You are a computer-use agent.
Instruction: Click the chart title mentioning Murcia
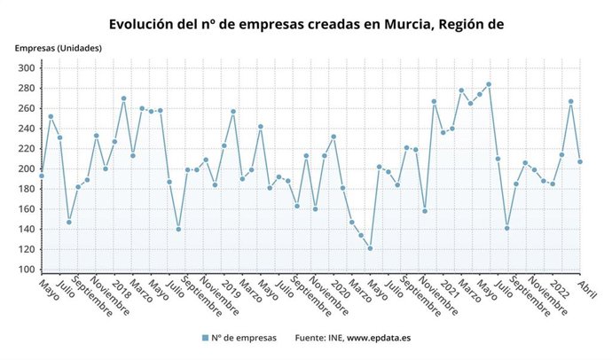pyautogui.click(x=306, y=25)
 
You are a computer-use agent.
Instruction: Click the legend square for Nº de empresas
pyautogui.click(x=205, y=338)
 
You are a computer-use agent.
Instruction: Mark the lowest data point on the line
pyautogui.click(x=370, y=248)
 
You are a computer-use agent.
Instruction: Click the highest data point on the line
pyautogui.click(x=489, y=84)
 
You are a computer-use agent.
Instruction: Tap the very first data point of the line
pyautogui.click(x=41, y=176)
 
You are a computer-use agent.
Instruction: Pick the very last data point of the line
pyautogui.click(x=580, y=161)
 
